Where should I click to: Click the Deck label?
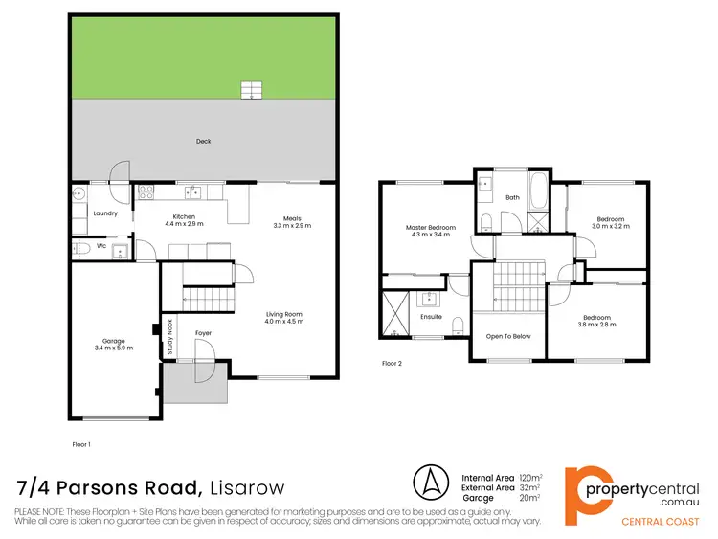point(203,142)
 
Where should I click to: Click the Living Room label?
point(284,317)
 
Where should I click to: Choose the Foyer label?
point(203,333)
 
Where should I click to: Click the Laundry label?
point(105,213)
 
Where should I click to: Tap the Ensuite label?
point(431,316)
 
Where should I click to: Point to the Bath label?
point(512,197)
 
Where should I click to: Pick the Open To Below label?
point(507,336)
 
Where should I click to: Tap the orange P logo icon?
point(587,488)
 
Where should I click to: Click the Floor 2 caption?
point(393,364)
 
